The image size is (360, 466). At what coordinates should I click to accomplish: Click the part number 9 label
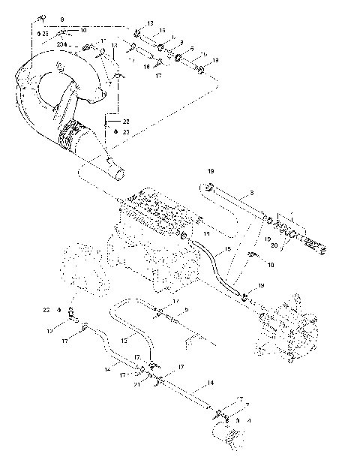61,17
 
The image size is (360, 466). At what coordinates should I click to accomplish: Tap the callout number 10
83,29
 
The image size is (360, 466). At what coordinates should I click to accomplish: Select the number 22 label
127,122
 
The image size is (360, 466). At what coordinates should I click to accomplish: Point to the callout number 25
127,131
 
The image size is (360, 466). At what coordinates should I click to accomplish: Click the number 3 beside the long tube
251,193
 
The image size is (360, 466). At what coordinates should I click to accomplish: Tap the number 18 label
270,265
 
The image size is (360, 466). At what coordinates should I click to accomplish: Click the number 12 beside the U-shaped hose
104,339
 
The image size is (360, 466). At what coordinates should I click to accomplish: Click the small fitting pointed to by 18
253,257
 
